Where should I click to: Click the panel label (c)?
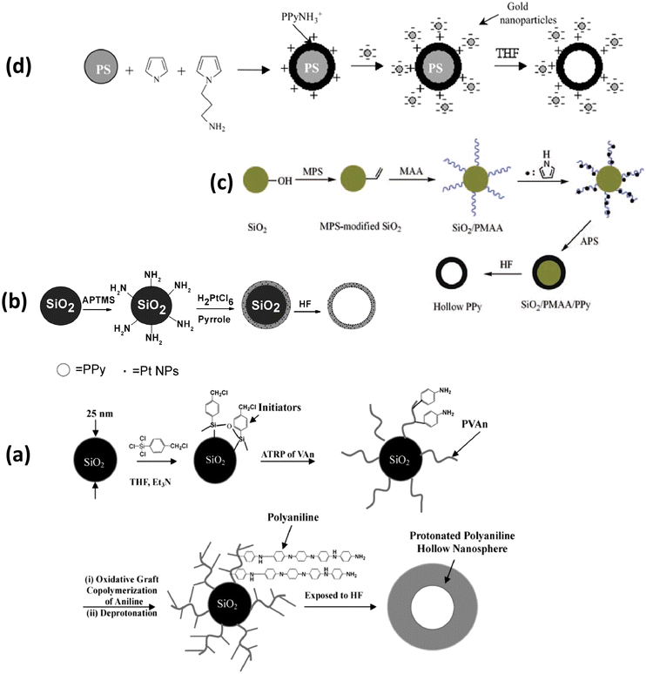tap(225, 184)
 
